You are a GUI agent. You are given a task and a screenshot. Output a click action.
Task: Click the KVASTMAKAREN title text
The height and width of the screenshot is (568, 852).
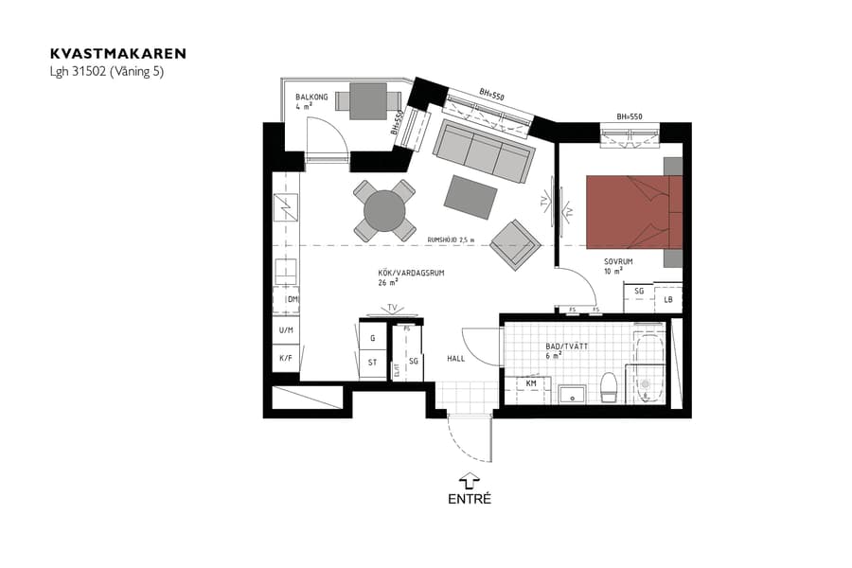pyautogui.click(x=118, y=54)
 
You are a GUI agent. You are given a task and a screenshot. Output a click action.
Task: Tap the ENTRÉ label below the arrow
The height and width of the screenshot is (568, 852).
pyautogui.click(x=470, y=498)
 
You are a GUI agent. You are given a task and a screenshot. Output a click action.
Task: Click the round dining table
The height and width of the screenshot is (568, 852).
pyautogui.click(x=384, y=210)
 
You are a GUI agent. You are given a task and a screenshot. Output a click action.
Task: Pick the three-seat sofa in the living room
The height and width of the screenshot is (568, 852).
pyautogui.click(x=482, y=151)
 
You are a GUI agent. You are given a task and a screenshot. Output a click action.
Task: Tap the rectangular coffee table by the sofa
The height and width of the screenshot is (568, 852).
pyautogui.click(x=471, y=197)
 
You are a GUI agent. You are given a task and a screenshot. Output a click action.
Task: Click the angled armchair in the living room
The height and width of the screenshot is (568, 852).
pyautogui.click(x=515, y=244)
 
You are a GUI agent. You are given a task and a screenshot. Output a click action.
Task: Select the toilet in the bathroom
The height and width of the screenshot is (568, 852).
pyautogui.click(x=609, y=386)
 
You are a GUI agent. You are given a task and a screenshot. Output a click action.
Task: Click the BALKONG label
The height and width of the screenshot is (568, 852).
pyautogui.click(x=311, y=97)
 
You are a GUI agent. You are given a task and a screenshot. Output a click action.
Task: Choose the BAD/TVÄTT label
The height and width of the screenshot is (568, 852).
pyautogui.click(x=566, y=346)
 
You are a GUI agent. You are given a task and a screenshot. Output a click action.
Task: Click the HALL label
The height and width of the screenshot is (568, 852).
pyautogui.click(x=457, y=359)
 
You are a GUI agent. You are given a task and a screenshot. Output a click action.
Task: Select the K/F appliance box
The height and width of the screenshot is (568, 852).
pyautogui.click(x=284, y=359)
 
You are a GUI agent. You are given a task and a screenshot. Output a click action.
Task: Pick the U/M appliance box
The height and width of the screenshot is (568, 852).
pyautogui.click(x=284, y=329)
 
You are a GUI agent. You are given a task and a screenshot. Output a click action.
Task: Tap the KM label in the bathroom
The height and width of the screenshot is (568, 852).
pyautogui.click(x=531, y=382)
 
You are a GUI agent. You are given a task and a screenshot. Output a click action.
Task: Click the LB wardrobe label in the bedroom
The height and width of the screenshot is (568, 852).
pyautogui.click(x=668, y=299)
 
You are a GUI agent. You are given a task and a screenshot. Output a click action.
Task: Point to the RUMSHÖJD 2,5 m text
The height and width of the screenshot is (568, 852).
pyautogui.click(x=451, y=240)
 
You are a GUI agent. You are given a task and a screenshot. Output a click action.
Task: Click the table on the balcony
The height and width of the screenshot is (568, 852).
pyautogui.click(x=367, y=98)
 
